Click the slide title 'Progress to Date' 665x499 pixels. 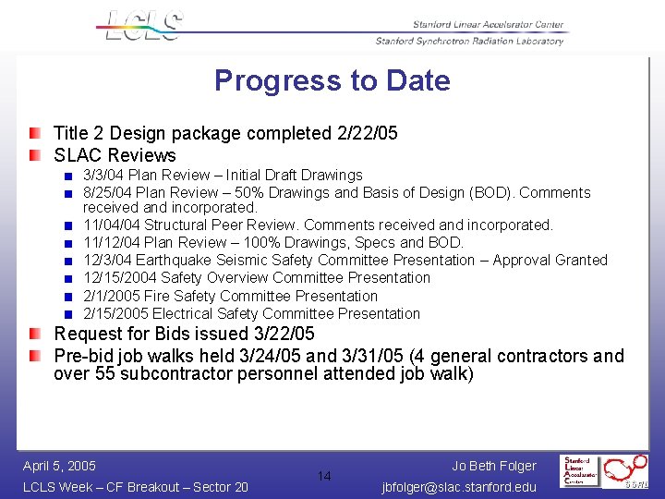(332, 80)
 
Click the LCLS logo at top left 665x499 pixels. (143, 25)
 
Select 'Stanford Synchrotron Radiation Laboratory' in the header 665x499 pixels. (468, 42)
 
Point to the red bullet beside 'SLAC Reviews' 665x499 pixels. (34, 155)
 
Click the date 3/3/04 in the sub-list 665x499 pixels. (103, 175)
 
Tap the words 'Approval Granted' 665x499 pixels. (550, 260)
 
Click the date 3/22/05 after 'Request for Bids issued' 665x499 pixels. (284, 334)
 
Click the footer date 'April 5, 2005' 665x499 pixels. (59, 466)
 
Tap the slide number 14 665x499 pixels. (324, 476)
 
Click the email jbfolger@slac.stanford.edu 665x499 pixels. (458, 487)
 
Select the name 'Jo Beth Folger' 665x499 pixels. (494, 466)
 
